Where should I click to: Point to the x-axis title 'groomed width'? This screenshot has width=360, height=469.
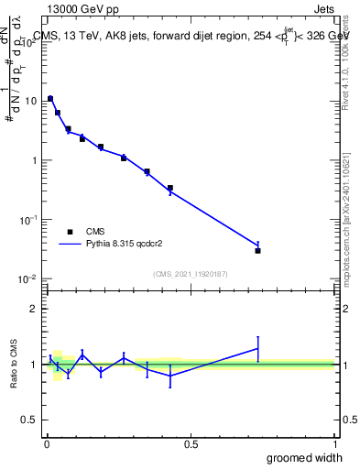(x=305, y=457)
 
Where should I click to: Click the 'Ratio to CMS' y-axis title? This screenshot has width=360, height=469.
(x=16, y=364)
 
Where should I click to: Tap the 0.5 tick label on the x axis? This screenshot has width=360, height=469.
(x=191, y=444)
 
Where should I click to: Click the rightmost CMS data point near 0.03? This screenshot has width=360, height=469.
(x=258, y=250)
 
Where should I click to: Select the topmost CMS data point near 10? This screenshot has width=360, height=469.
(x=50, y=98)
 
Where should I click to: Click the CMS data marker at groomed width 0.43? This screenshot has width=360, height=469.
(x=170, y=188)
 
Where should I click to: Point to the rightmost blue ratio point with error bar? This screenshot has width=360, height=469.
(x=258, y=348)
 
